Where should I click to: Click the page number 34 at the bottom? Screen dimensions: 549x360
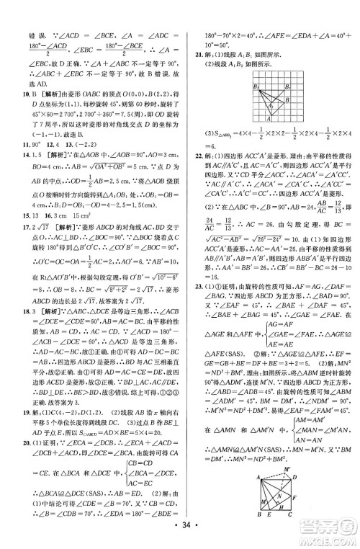pyautogui.click(x=180, y=535)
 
